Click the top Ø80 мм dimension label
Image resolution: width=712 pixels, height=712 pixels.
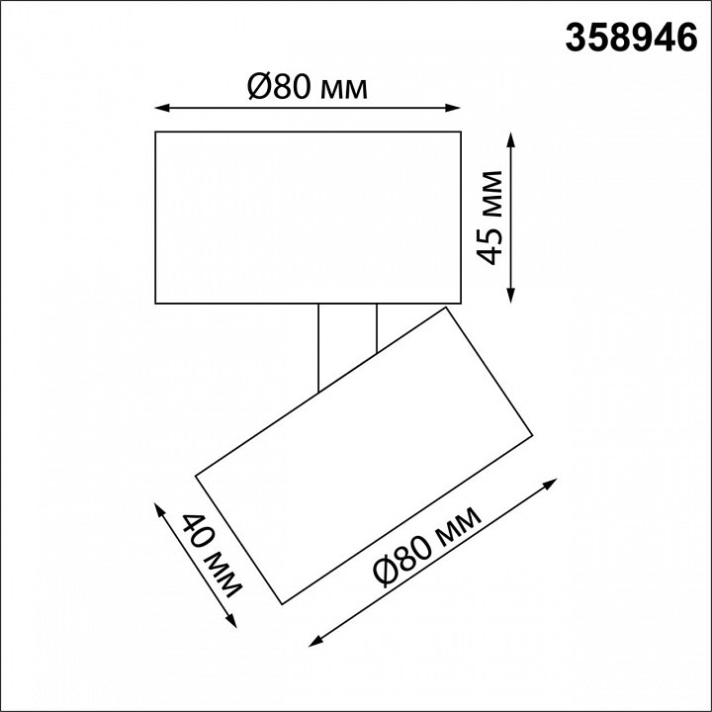point(307,89)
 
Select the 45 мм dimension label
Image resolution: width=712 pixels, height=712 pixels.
point(490,217)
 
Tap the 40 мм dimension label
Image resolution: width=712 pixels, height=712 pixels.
point(212,559)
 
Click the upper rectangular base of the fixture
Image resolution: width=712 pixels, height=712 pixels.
point(309,217)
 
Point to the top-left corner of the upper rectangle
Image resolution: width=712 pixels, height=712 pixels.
point(156,132)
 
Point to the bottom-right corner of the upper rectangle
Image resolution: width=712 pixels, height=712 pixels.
point(462,303)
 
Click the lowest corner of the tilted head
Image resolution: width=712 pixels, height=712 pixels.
point(283,603)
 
